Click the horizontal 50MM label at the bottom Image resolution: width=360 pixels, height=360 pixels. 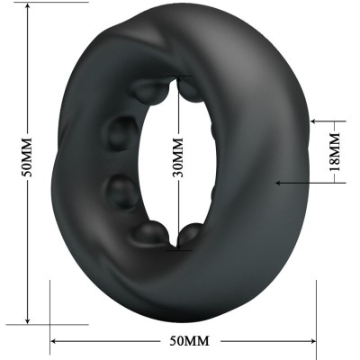(x=189, y=341)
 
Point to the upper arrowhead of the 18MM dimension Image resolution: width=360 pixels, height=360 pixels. (x=314, y=118)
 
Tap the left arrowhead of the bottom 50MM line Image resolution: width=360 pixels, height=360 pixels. (x=54, y=341)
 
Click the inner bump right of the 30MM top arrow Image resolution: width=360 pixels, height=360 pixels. (x=192, y=90)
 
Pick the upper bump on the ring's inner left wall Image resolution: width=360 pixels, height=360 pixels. (x=121, y=134)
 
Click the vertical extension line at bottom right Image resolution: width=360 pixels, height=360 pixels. (x=317, y=306)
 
